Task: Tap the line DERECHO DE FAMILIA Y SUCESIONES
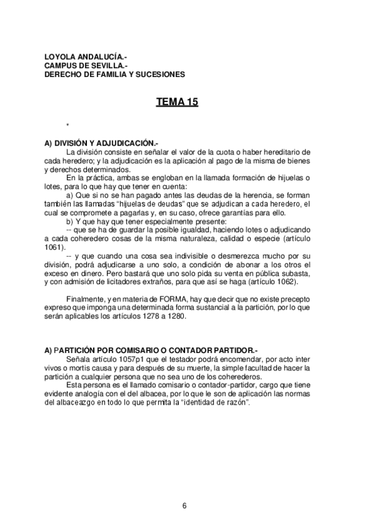(114, 73)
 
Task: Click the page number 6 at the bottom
(185, 505)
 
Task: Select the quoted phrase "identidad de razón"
(217, 401)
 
